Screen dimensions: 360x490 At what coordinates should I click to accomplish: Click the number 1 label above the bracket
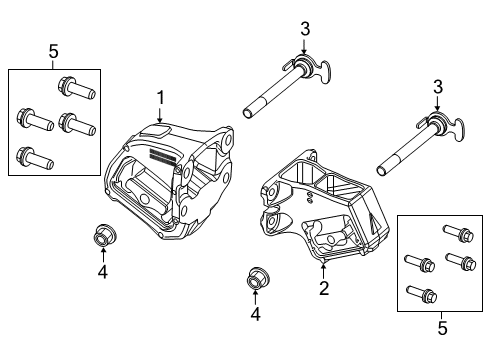tap(159, 98)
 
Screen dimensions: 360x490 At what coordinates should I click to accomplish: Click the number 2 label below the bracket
tap(323, 289)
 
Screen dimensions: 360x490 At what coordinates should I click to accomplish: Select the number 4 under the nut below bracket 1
tap(103, 271)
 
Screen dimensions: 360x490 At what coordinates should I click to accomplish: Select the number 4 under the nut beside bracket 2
tap(256, 314)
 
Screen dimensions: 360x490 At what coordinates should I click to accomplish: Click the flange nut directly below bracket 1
tap(102, 237)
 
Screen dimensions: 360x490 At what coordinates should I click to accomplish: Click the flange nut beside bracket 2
tap(256, 278)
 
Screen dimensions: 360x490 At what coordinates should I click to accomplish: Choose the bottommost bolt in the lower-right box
tap(416, 295)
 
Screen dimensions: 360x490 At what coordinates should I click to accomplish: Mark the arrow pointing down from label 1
tap(159, 116)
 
